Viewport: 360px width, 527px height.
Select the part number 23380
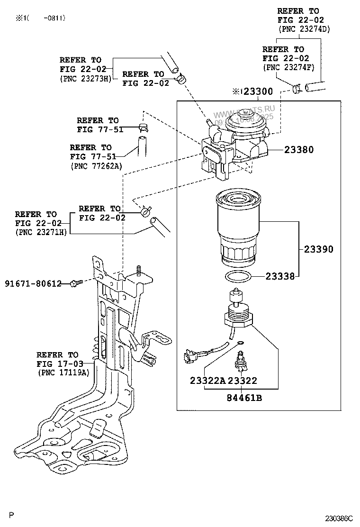click(x=299, y=150)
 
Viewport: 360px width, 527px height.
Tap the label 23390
click(x=318, y=249)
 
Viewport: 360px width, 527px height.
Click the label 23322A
click(x=208, y=381)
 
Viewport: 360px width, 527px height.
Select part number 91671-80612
click(x=33, y=283)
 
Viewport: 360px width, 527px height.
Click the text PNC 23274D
click(x=304, y=29)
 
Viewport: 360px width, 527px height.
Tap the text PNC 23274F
click(x=288, y=67)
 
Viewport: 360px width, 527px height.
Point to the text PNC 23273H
click(x=85, y=79)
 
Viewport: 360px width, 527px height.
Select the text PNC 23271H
click(x=41, y=232)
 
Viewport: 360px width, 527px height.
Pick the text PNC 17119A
click(x=63, y=373)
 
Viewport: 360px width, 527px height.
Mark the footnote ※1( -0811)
click(x=40, y=18)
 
